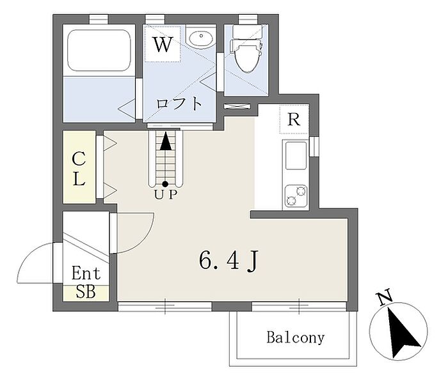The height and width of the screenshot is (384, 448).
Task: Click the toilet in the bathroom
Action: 246,48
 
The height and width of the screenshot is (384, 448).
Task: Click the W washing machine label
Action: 163,44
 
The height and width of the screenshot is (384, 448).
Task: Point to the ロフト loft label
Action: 179,104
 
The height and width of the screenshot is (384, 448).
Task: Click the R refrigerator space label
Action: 294,119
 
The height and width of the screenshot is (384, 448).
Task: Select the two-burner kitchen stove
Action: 296,197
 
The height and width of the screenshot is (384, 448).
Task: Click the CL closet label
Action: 79,169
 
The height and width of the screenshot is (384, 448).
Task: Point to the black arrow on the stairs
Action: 165,141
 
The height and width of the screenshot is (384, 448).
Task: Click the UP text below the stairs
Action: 165,195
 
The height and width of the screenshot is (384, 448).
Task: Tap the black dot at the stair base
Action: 165,184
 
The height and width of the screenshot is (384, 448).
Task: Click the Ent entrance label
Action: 86,273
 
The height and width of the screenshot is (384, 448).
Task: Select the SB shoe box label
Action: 85,292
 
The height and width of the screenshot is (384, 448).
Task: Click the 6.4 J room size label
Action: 228,261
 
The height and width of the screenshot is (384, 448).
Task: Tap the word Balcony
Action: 296,337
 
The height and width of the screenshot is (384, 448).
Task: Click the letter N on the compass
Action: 385,297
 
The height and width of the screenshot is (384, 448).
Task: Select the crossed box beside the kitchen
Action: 237,106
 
